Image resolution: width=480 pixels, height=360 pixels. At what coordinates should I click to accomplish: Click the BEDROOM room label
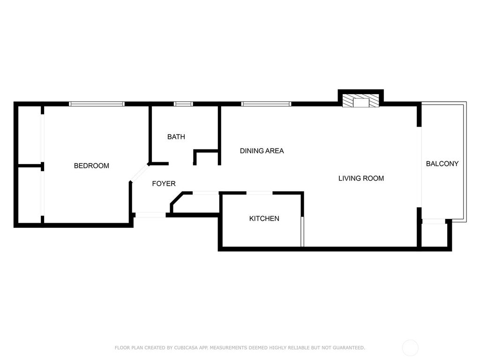tap(91, 166)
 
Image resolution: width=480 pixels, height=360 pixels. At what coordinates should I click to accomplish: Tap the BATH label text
tap(176, 137)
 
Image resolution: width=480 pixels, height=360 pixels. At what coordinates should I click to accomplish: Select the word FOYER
tap(164, 184)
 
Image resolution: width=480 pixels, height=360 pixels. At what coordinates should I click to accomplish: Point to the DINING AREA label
tap(262, 151)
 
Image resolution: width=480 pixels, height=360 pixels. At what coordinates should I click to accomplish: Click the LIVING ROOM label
tap(361, 178)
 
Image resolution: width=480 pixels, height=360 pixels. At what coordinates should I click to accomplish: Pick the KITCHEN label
tap(264, 218)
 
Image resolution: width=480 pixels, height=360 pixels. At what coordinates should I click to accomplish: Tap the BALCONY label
tap(442, 164)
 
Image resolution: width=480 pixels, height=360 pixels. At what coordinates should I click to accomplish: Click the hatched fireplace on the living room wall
tap(360, 102)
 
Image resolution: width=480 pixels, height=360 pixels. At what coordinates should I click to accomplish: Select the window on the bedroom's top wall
tap(97, 104)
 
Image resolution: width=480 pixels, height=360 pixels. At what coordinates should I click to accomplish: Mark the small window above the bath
tap(183, 104)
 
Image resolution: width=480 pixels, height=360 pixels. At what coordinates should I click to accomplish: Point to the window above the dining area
tap(266, 104)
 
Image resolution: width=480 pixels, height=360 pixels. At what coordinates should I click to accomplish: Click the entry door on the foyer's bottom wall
tap(150, 215)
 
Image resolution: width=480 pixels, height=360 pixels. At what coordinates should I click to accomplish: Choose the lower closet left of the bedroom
tap(30, 195)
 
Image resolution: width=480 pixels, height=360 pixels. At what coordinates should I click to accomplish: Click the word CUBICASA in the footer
tap(172, 348)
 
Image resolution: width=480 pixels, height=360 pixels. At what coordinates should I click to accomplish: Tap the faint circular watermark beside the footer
tap(410, 347)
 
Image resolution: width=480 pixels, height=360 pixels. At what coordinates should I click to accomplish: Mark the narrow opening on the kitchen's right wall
tap(302, 231)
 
